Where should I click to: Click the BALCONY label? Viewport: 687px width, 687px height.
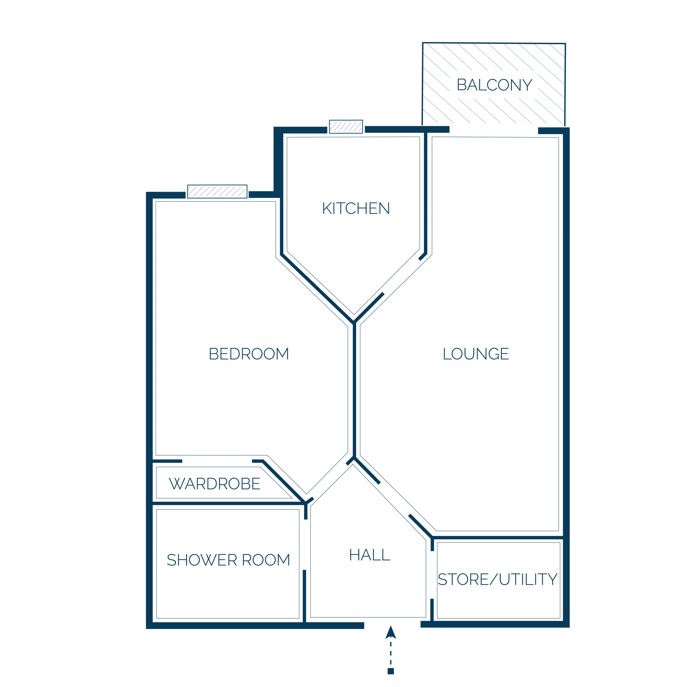tap(494, 85)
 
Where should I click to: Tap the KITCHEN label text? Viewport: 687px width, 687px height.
tap(356, 208)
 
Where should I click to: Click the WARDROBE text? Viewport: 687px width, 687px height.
tap(214, 484)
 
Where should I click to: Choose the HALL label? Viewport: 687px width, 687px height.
tap(369, 555)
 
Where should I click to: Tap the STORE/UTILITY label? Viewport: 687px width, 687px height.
tap(497, 579)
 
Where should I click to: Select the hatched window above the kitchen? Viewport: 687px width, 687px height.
tap(346, 127)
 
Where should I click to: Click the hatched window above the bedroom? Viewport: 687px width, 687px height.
tap(217, 191)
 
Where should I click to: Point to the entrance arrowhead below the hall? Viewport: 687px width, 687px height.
tap(391, 633)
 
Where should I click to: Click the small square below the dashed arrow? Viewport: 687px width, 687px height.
tap(391, 671)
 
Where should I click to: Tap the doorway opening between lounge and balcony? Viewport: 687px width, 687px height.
tap(494, 130)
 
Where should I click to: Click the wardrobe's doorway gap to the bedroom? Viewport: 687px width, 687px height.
tap(217, 461)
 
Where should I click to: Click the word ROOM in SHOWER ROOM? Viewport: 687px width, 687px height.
tap(266, 560)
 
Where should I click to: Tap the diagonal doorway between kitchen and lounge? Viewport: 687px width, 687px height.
tap(401, 276)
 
